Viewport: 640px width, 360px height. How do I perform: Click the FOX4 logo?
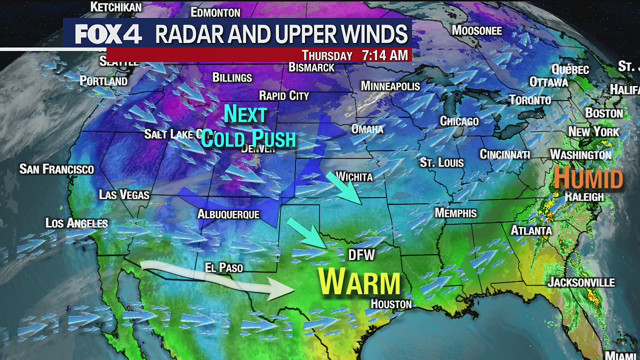pyautogui.click(x=108, y=34)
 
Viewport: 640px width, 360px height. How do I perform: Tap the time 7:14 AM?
pyautogui.click(x=385, y=55)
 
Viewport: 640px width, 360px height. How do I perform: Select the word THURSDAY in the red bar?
pyautogui.click(x=327, y=55)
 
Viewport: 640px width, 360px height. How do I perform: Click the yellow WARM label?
pyautogui.click(x=359, y=282)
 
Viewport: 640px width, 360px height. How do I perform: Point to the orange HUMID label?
pyautogui.click(x=588, y=178)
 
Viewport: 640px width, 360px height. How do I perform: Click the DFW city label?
pyautogui.click(x=361, y=255)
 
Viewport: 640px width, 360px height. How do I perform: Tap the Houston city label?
pyautogui.click(x=391, y=304)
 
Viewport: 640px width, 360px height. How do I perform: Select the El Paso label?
pyautogui.click(x=224, y=268)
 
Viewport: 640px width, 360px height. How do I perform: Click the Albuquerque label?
pyautogui.click(x=228, y=214)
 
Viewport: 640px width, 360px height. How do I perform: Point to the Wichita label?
pyautogui.click(x=354, y=176)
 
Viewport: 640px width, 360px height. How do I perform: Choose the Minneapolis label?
pyautogui.click(x=390, y=86)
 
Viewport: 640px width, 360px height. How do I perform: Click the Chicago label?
pyautogui.click(x=459, y=121)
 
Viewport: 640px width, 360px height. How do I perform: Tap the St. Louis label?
pyautogui.click(x=441, y=162)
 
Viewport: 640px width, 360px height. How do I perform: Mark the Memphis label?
pyautogui.click(x=455, y=213)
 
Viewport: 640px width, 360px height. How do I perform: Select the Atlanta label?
pyautogui.click(x=530, y=230)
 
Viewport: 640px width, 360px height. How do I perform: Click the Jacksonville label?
pyautogui.click(x=581, y=282)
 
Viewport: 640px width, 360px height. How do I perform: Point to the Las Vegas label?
pyautogui.click(x=124, y=194)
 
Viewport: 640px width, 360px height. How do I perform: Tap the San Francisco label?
pyautogui.click(x=56, y=169)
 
